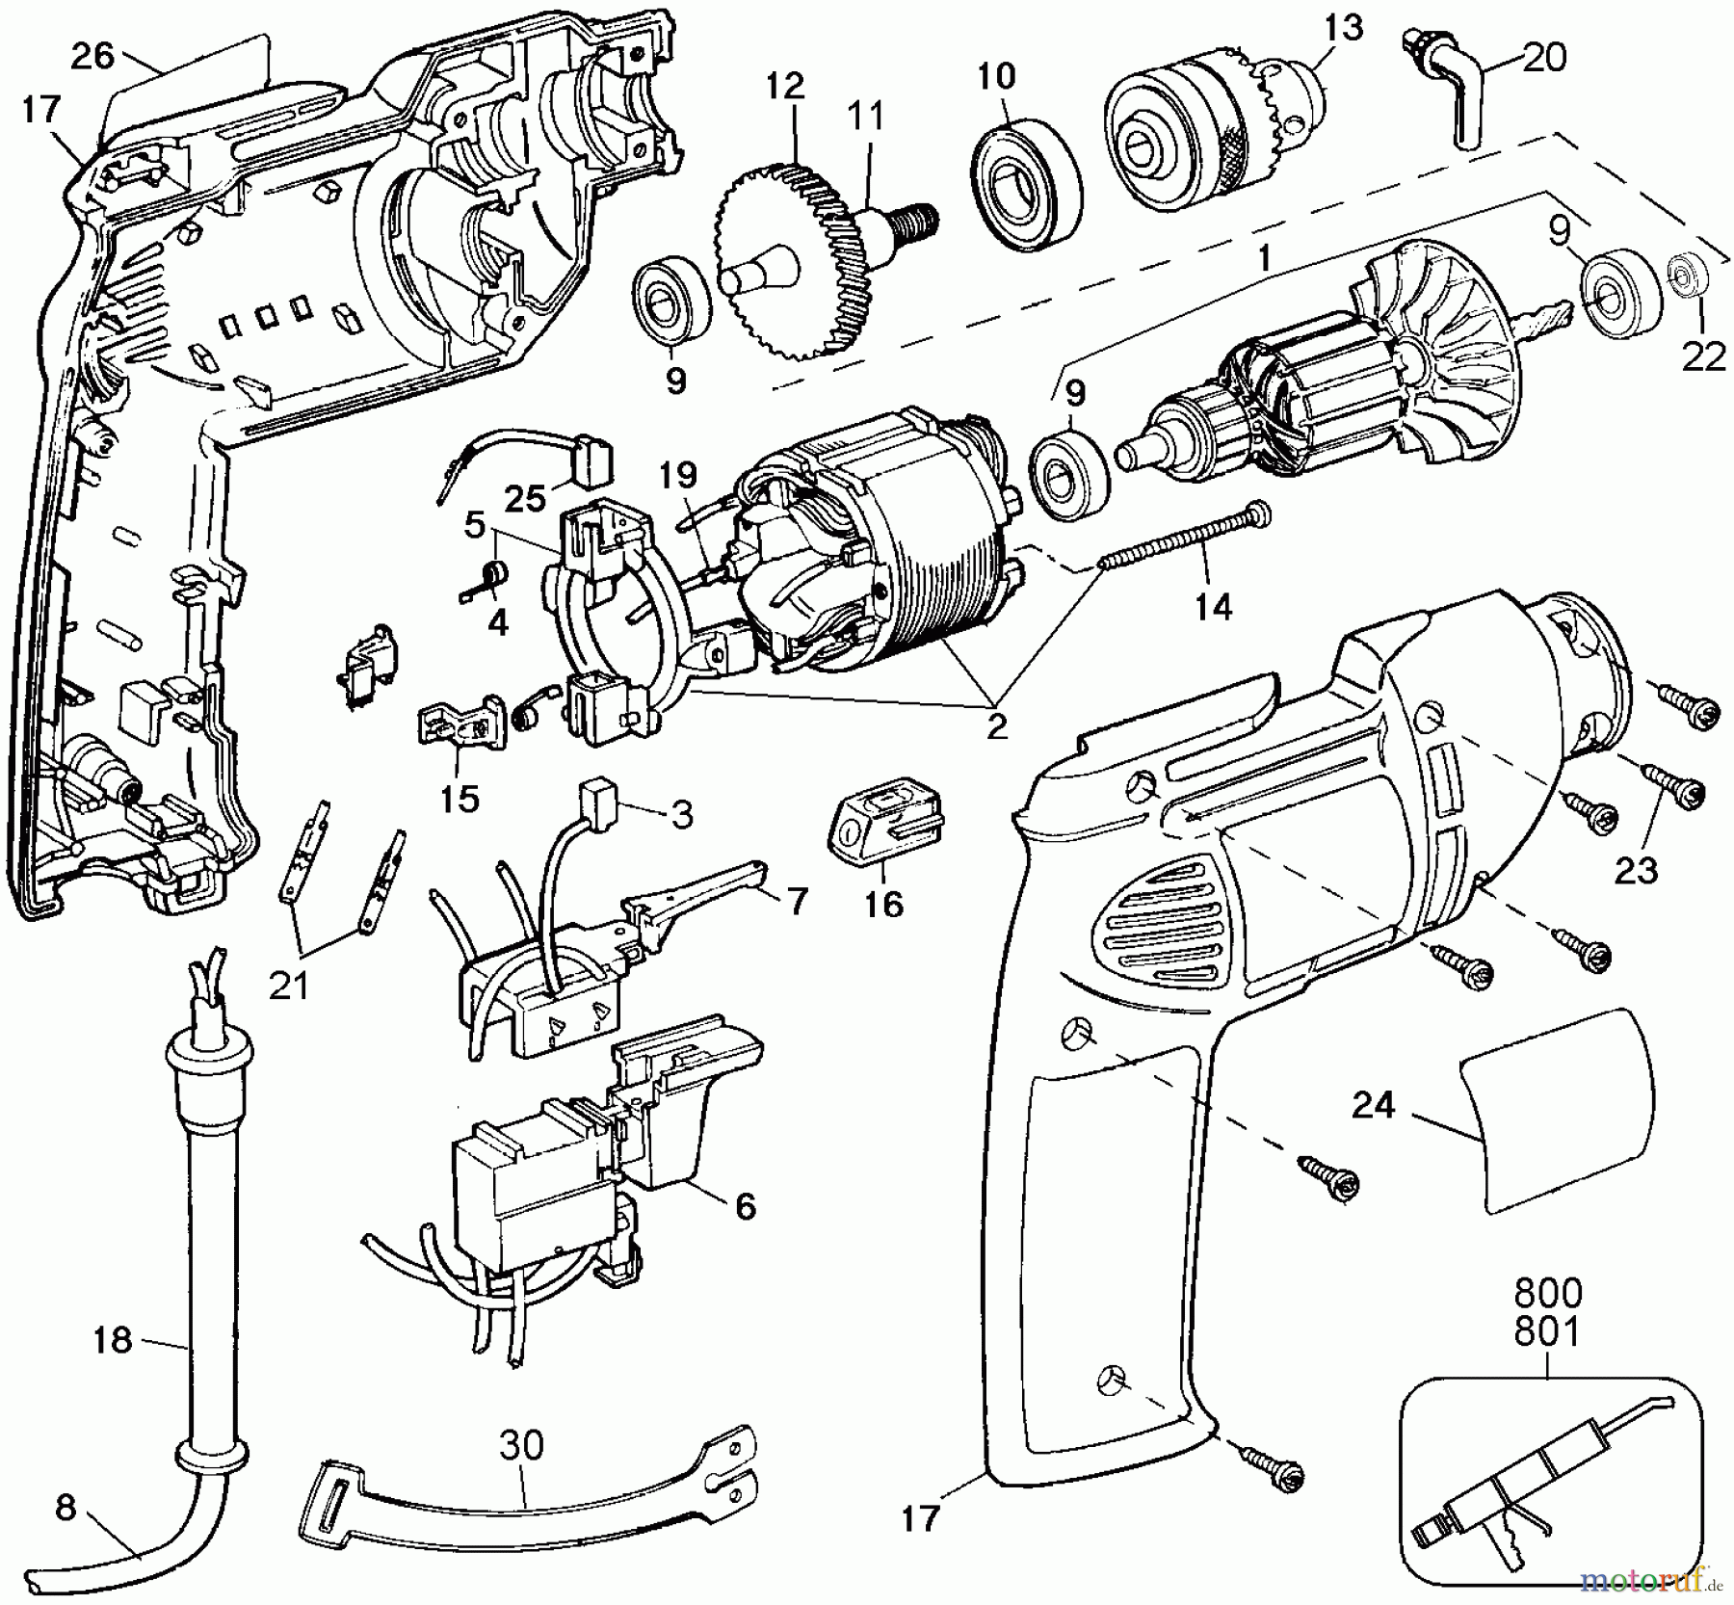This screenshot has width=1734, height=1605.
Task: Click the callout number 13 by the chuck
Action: [1343, 27]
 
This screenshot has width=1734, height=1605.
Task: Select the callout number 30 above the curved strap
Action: [521, 1445]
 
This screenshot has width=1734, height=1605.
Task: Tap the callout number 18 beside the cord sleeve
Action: [112, 1339]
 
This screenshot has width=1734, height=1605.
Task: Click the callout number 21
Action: [289, 985]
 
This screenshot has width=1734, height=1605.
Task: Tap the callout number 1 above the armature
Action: [1265, 257]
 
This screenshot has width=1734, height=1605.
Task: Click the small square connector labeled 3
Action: [595, 796]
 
